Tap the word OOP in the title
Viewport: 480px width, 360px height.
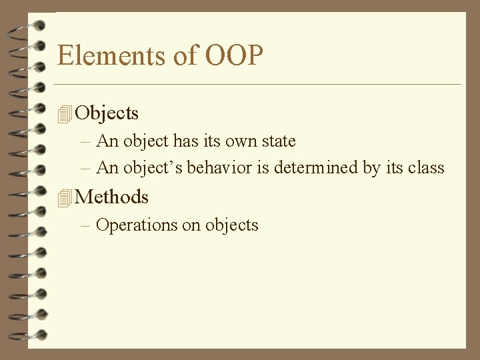point(234,55)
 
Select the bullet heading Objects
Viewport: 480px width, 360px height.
point(107,113)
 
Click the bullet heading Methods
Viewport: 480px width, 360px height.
point(112,197)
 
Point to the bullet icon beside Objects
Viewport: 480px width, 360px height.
point(64,114)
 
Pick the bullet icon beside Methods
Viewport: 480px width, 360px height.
point(64,197)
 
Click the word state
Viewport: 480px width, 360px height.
point(277,141)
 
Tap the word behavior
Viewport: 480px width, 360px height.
point(219,167)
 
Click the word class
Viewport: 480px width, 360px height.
point(426,167)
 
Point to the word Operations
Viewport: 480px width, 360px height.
point(137,225)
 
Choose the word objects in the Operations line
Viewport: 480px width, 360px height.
point(231,225)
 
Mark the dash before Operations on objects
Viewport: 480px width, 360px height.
point(85,225)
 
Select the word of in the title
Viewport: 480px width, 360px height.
point(184,55)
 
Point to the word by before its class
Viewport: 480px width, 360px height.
point(371,167)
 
